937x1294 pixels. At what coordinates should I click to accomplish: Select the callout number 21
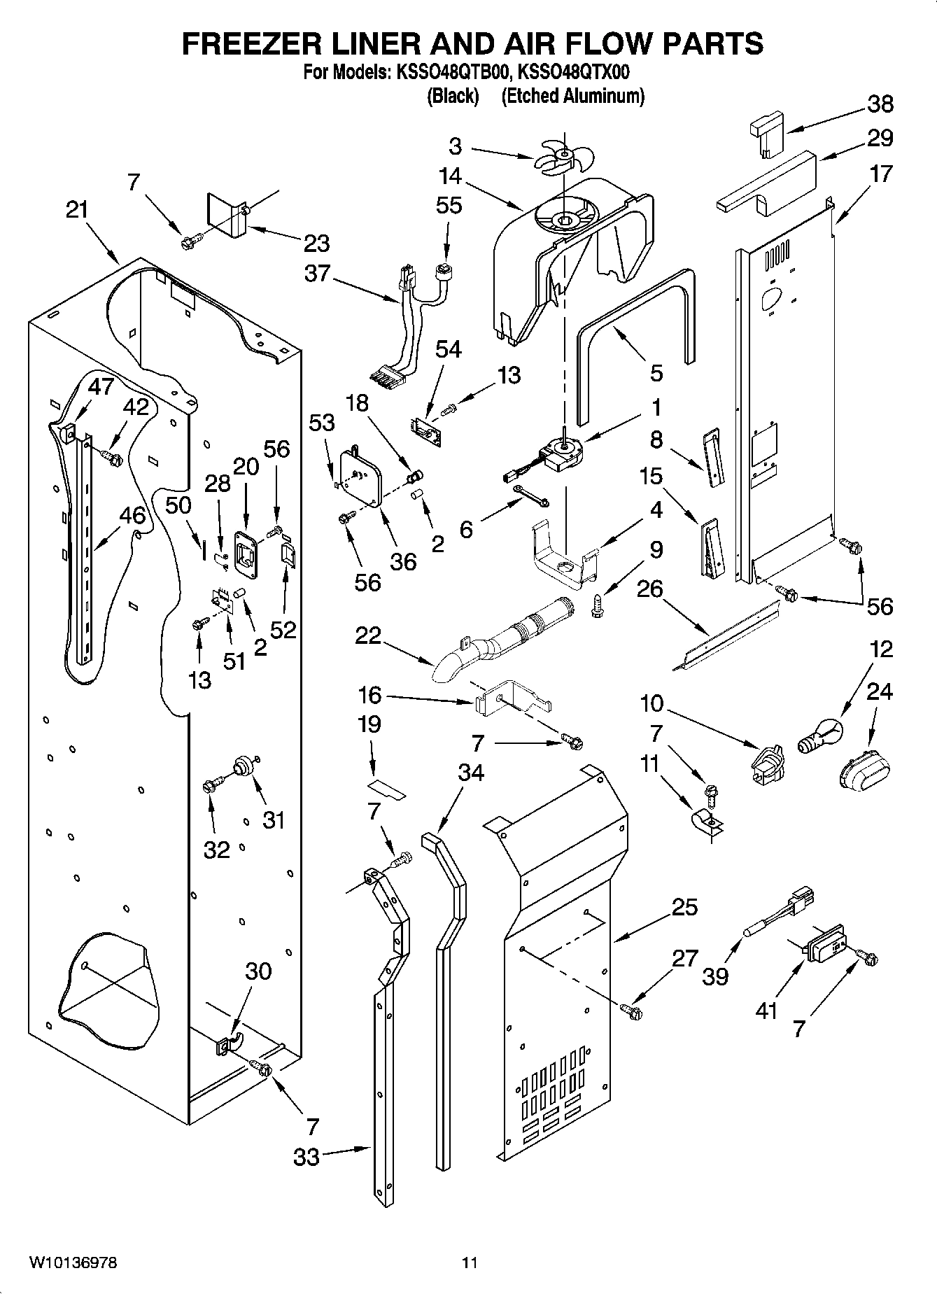pos(78,210)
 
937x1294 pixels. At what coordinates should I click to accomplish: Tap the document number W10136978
pos(73,1263)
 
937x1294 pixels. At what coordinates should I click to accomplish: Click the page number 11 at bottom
pos(470,1263)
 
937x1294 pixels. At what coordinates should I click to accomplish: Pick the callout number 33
pos(307,1157)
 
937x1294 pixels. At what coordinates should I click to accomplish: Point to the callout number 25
pos(684,908)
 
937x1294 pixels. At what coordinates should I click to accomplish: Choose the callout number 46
pos(132,516)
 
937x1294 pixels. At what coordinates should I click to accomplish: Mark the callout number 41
pos(767,1011)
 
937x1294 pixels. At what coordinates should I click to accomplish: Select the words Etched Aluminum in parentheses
pos(572,97)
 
